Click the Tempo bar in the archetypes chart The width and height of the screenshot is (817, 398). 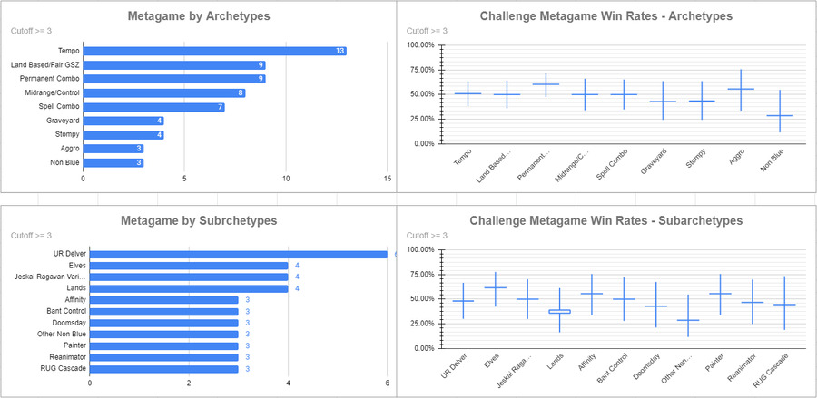point(214,51)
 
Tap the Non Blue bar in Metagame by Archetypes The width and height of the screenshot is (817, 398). point(113,162)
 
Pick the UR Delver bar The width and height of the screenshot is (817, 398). point(238,254)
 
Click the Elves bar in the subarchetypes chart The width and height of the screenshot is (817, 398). point(189,266)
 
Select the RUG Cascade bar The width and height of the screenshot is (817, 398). point(164,369)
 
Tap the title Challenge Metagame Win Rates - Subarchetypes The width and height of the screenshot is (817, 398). point(605,220)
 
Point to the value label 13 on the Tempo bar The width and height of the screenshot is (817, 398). point(339,51)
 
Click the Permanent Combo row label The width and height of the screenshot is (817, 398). point(46,79)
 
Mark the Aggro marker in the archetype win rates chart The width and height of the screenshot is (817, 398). point(741,89)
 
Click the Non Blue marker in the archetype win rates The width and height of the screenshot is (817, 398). point(780,115)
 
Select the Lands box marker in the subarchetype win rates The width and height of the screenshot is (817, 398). point(560,311)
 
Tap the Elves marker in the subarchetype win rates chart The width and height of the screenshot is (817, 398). point(495,287)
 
